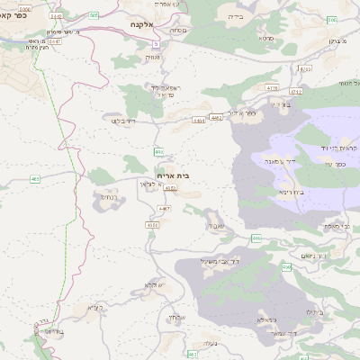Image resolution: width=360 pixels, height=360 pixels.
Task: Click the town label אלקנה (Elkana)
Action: click(x=144, y=26)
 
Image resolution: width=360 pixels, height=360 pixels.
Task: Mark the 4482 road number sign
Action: click(x=215, y=117)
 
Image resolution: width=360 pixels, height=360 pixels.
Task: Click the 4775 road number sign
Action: click(x=272, y=88)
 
